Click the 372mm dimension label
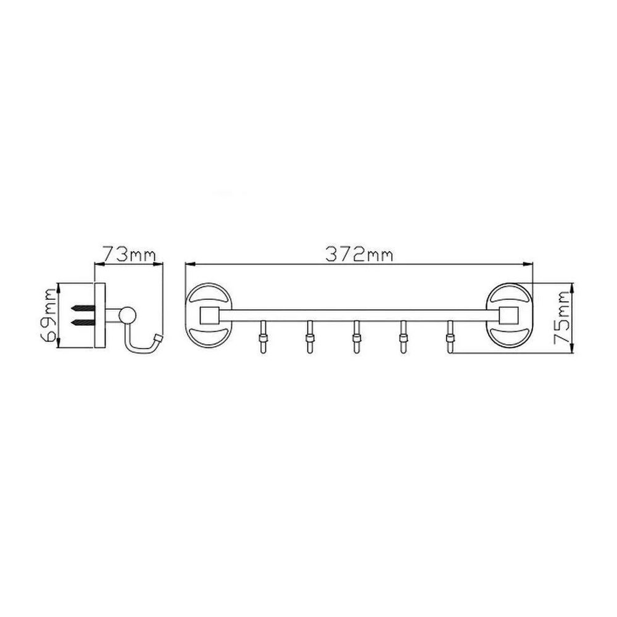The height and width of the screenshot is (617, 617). click(359, 255)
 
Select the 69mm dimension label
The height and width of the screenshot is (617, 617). click(50, 315)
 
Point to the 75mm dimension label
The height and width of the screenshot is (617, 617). click(561, 318)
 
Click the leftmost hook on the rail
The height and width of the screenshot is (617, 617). click(263, 337)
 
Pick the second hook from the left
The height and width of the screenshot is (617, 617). click(310, 337)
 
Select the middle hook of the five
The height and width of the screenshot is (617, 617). click(356, 337)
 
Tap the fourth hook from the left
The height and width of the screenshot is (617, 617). click(402, 337)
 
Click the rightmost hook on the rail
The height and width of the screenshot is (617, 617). click(449, 337)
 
